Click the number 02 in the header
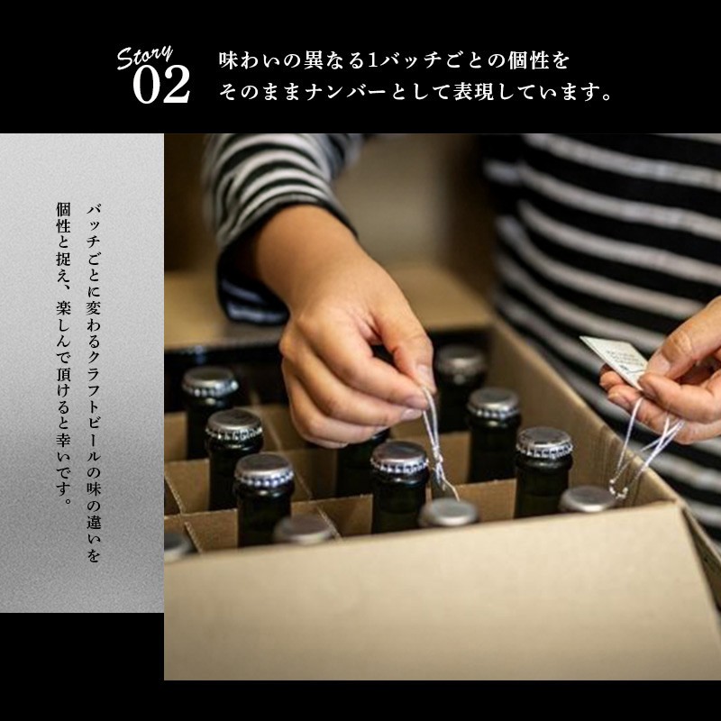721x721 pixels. point(161,84)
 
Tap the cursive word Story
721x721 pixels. point(144,57)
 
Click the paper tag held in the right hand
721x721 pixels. point(614,359)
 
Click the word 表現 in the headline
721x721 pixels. point(474,92)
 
